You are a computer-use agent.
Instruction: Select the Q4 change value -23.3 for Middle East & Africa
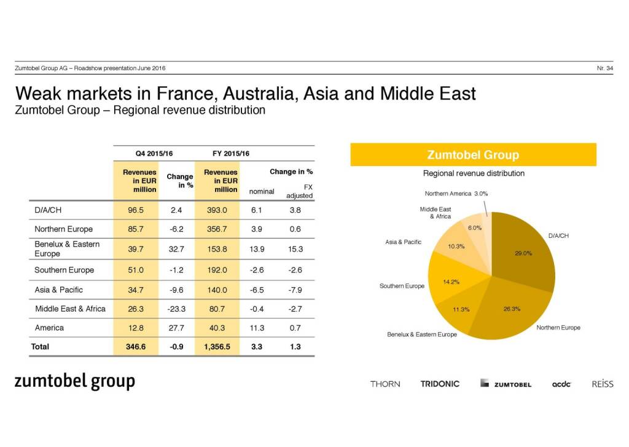click(176, 309)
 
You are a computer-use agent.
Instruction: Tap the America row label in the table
click(49, 328)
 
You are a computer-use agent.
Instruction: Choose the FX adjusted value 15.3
click(295, 248)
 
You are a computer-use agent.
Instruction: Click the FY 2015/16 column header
click(230, 153)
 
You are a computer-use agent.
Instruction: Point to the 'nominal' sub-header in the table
click(261, 191)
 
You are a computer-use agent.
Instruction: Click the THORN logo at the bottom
click(385, 384)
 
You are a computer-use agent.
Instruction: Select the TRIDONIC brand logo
click(440, 384)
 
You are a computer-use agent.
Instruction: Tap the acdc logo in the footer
click(561, 384)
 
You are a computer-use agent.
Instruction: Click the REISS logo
click(603, 384)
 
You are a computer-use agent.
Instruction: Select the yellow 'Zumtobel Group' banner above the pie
click(473, 155)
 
